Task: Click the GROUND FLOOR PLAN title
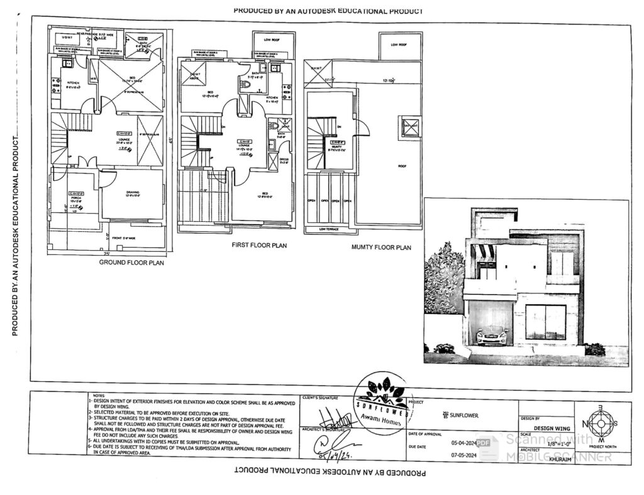[131, 263]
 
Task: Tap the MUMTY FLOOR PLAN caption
[381, 247]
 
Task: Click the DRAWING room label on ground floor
[132, 193]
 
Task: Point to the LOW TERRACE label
[329, 229]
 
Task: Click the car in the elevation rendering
[491, 336]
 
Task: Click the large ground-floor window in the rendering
[545, 322]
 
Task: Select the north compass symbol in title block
[601, 424]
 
